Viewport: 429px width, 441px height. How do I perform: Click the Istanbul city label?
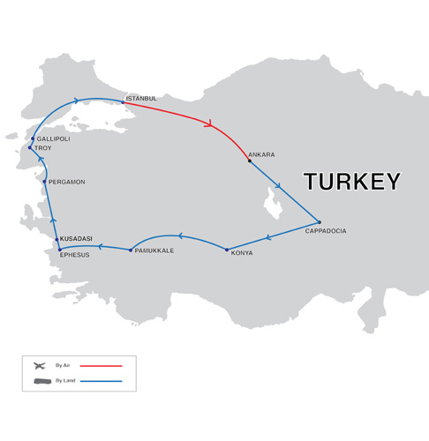141,98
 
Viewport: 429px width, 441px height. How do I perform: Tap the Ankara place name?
262,154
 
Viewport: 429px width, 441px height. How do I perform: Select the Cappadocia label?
326,231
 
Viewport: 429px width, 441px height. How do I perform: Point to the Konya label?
242,253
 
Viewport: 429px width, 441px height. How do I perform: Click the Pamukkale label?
154,250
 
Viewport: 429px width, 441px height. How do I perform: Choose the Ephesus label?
75,255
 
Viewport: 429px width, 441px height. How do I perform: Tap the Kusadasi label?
76,239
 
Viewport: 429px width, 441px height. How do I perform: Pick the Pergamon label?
67,182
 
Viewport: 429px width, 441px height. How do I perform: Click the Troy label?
43,148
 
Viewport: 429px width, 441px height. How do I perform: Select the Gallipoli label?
53,138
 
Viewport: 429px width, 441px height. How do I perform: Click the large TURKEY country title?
352,183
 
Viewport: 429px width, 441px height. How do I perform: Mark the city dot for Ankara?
250,161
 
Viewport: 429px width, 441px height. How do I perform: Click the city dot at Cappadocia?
320,222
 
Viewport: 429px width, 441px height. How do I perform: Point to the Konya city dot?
227,250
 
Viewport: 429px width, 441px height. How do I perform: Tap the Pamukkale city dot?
131,250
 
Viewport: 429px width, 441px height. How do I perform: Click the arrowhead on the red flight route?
209,123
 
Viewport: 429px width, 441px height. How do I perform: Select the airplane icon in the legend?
39,365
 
